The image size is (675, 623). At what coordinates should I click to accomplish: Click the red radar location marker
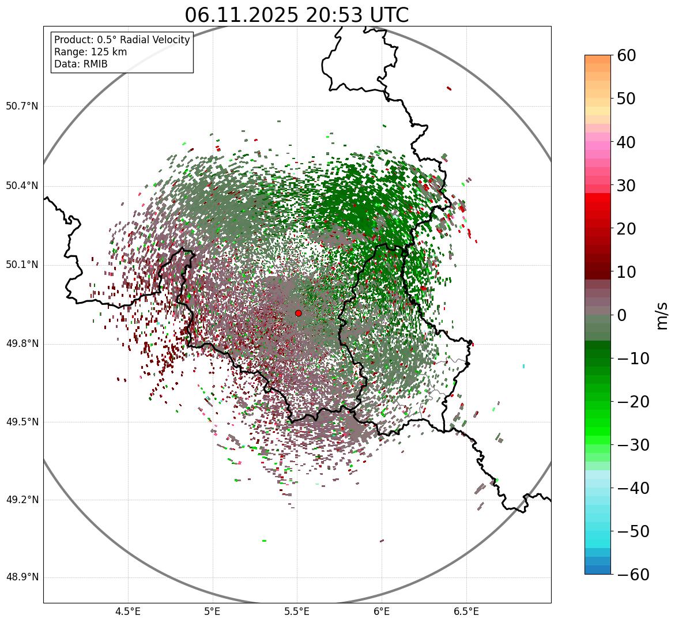298,313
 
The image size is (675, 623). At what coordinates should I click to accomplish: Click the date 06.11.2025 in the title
242,16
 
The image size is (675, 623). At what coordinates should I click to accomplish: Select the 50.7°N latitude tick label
22,107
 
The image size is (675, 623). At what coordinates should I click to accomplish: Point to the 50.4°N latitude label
22,186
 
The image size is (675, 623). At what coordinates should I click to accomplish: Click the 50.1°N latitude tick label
22,265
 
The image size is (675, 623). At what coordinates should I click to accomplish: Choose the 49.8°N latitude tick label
22,344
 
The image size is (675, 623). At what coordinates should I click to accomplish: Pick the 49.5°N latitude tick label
22,422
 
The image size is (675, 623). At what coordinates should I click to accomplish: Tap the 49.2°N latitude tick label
22,500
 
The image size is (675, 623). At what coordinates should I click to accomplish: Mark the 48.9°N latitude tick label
22,577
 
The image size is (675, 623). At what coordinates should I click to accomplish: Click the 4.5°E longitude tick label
128,611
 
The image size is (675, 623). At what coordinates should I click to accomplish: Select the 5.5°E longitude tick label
297,611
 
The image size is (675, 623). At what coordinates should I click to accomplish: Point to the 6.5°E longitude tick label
466,611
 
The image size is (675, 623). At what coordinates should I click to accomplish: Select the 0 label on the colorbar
622,315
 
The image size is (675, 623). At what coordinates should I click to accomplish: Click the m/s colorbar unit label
662,315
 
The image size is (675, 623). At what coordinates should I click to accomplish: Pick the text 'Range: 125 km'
90,52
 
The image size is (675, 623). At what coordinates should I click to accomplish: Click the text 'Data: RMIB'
81,64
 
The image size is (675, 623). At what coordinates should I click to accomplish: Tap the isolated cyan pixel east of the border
523,366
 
